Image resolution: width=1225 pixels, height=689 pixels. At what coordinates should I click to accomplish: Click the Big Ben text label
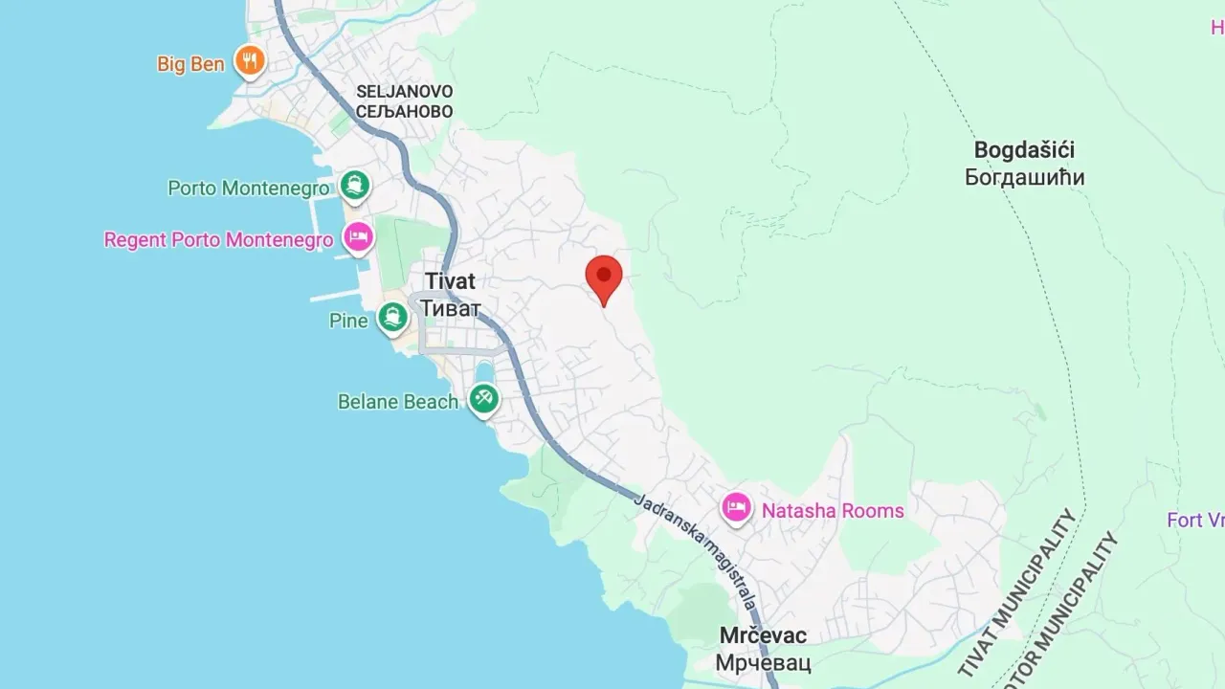(190, 64)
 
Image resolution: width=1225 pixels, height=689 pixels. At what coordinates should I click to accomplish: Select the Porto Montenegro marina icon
(355, 186)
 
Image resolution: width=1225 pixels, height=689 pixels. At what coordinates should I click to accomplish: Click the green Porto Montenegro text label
(249, 189)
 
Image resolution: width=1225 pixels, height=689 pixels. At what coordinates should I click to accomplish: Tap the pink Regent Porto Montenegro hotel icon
(358, 236)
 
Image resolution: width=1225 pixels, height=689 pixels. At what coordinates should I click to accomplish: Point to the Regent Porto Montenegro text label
(218, 239)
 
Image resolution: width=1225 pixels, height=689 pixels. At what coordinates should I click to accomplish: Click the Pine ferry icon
(392, 318)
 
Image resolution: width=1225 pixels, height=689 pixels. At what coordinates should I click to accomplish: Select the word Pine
(348, 321)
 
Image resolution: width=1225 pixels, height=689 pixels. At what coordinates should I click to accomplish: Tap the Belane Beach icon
(483, 398)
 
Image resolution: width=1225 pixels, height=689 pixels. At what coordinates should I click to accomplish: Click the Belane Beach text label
(398, 402)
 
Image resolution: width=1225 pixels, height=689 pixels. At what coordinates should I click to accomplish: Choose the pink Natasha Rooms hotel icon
(736, 507)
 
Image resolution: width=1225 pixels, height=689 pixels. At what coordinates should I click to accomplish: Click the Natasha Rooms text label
(833, 510)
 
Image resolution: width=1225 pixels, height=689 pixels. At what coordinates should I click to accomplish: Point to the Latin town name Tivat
(450, 281)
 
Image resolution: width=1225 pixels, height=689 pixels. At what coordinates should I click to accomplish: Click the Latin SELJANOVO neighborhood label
(405, 91)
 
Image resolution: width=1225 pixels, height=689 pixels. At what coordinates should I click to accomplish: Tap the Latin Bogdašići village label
(1024, 150)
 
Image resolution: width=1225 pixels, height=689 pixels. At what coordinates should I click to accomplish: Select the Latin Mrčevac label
(763, 635)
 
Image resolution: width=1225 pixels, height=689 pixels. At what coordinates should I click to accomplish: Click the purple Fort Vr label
(1195, 521)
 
